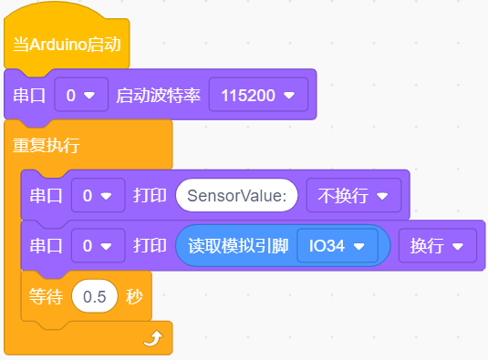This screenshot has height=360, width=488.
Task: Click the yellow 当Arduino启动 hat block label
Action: tap(67, 45)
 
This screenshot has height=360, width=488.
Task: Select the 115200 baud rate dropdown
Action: tap(258, 95)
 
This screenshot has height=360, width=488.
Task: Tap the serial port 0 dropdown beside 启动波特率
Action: tap(81, 95)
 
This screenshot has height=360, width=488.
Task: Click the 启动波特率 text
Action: tap(158, 95)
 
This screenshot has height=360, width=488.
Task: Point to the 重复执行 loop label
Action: tap(46, 145)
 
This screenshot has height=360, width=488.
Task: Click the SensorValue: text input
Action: tap(236, 196)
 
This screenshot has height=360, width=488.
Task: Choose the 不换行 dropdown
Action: tap(354, 196)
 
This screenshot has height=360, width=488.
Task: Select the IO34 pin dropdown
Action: tap(337, 246)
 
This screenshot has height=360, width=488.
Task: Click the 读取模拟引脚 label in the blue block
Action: tap(238, 246)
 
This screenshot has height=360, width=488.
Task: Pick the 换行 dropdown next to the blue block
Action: tap(437, 246)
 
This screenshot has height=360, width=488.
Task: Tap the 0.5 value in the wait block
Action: tap(95, 296)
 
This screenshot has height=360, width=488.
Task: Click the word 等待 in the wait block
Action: tap(46, 296)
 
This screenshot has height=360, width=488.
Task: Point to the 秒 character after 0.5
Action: tap(134, 296)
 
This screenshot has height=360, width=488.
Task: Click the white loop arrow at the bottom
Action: tap(153, 338)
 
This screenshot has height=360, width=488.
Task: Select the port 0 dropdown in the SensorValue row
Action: tap(98, 196)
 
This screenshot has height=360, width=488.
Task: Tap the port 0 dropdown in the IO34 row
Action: tap(98, 246)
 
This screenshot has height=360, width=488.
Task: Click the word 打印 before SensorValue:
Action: tap(150, 196)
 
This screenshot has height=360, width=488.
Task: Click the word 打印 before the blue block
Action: tap(150, 246)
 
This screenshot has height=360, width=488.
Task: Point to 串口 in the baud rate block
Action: tap(29, 95)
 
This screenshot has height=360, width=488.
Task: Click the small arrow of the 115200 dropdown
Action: tap(289, 95)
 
